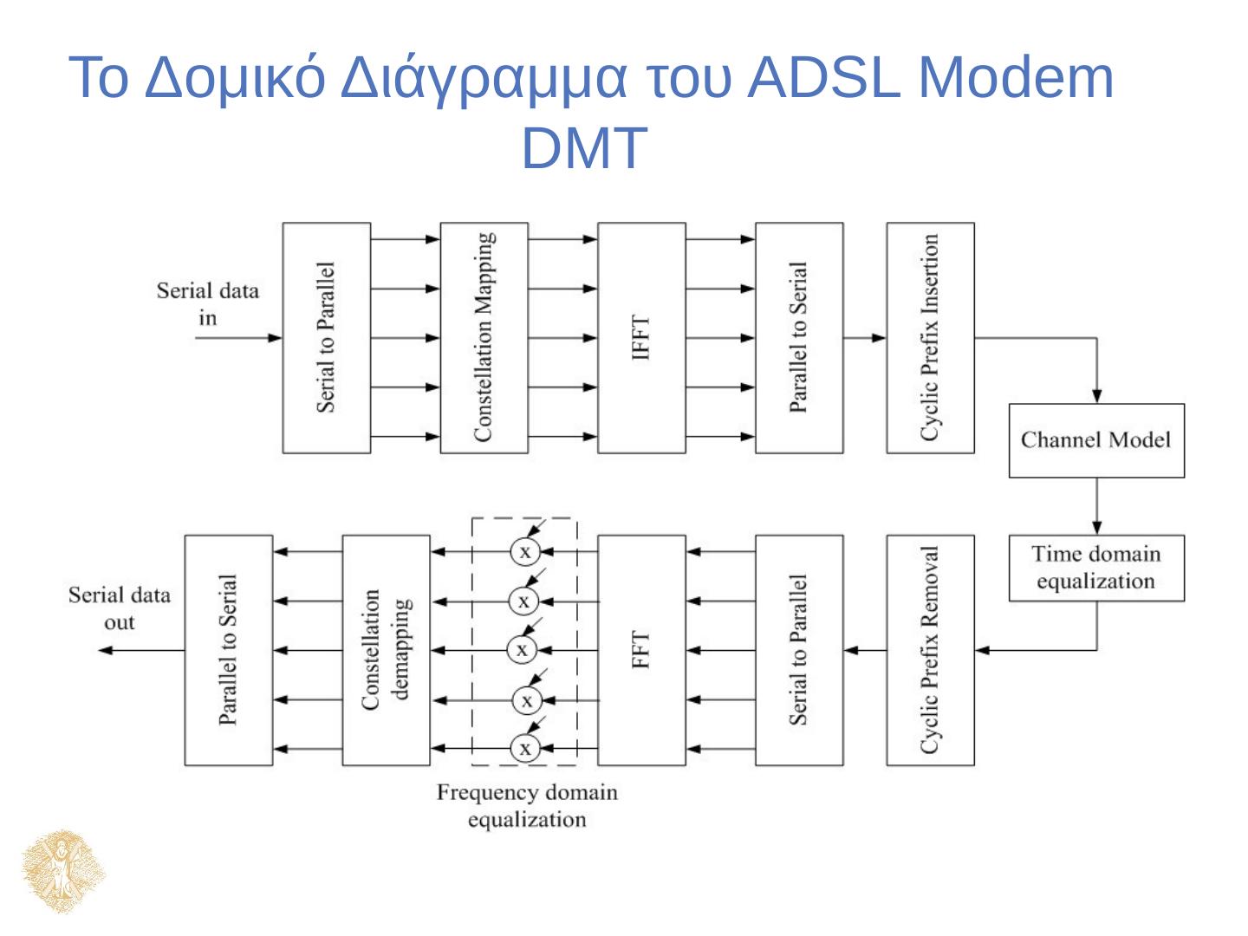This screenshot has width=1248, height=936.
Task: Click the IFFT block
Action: point(641,338)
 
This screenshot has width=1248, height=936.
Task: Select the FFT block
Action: point(641,650)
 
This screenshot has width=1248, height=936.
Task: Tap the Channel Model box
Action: point(1096,440)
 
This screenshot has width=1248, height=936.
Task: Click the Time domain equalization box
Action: point(1096,568)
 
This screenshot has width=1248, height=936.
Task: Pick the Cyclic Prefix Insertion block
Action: point(930,338)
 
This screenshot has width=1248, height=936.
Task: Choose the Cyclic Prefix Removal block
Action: point(930,650)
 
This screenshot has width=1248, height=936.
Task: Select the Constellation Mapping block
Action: point(484,338)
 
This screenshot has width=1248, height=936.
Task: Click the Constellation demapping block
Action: point(386,650)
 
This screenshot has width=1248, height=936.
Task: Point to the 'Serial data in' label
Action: point(207,303)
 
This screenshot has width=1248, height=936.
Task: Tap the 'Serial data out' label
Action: point(120,608)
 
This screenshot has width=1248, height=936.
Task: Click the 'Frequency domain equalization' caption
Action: point(527,806)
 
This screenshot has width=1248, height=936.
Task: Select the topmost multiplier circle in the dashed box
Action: point(524,551)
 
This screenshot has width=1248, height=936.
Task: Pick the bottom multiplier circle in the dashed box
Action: point(524,748)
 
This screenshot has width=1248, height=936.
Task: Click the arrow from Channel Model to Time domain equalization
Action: point(1096,506)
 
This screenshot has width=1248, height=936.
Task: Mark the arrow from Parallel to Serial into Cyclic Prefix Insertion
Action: point(865,338)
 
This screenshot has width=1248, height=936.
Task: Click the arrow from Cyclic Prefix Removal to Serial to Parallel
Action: point(865,650)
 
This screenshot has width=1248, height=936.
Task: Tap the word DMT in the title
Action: point(584,147)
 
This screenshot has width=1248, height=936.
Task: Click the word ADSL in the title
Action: point(822,78)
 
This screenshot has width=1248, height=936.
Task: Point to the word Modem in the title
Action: point(1015,78)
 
